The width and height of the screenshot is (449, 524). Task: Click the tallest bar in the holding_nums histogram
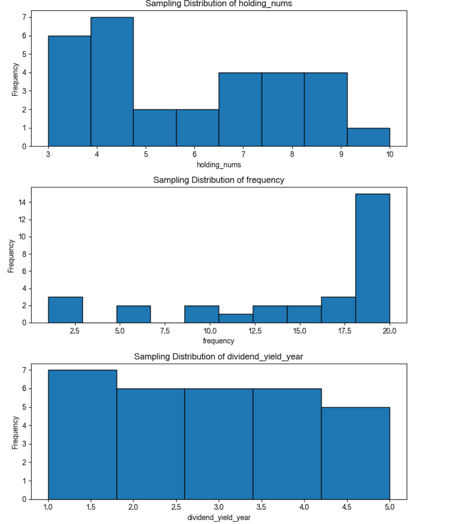pos(112,82)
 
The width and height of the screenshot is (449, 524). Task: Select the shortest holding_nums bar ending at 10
pos(368,137)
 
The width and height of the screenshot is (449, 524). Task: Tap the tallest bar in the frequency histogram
pos(373,258)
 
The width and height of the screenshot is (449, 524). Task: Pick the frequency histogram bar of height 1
pos(236,318)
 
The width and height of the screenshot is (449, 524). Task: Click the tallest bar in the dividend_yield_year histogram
pos(82,435)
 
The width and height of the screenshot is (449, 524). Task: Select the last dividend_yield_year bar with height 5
pos(355,453)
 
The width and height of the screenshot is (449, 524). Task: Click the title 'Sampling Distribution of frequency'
pos(218,180)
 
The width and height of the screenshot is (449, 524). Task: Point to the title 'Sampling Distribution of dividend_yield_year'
pos(218,357)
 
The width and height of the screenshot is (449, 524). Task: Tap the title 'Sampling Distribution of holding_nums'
pos(218,4)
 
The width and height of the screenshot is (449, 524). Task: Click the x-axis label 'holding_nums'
pos(218,164)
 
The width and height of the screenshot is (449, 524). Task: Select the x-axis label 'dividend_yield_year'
pos(218,517)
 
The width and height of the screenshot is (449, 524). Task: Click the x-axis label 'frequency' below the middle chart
pos(218,341)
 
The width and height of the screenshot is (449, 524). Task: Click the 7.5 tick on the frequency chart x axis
pos(164,331)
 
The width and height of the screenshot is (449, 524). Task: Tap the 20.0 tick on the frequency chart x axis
pos(389,331)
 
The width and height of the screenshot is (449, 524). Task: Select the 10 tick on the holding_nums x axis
pos(389,155)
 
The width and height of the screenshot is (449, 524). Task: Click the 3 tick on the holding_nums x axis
pos(48,155)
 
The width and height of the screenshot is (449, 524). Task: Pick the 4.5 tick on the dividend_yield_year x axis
pos(347,507)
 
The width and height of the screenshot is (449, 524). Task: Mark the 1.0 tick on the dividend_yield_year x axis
pos(48,507)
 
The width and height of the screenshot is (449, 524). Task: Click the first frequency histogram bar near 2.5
pos(65,310)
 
